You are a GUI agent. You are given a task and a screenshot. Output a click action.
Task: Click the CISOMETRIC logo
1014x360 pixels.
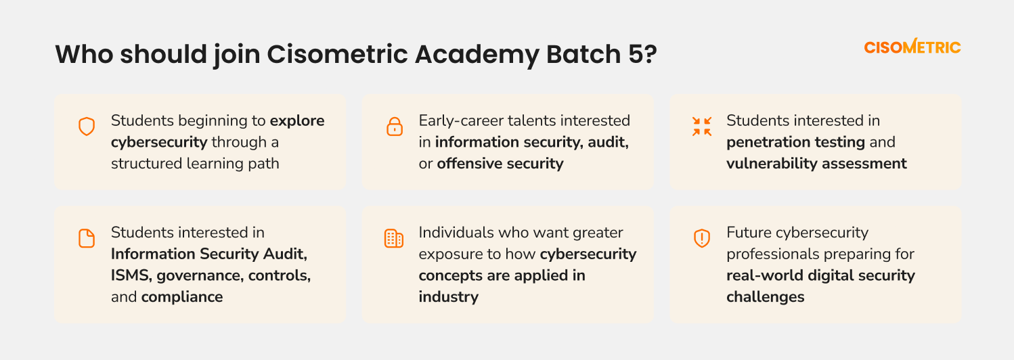click(912, 47)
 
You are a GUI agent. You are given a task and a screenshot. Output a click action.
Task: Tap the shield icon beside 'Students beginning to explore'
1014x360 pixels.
click(87, 127)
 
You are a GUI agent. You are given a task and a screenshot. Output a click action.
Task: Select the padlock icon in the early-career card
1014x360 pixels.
click(394, 127)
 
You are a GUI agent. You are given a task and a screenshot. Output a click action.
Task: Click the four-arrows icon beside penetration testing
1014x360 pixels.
click(702, 126)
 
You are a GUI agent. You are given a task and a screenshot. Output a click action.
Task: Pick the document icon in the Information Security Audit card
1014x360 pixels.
click(87, 238)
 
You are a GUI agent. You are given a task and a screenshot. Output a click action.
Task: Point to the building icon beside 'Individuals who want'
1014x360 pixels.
click(394, 238)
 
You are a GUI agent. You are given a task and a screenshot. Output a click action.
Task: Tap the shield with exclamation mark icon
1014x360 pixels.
click(702, 238)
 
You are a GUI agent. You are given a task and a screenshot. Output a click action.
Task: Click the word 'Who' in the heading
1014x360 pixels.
click(84, 54)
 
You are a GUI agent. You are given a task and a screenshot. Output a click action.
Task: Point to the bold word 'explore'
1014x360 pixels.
click(297, 121)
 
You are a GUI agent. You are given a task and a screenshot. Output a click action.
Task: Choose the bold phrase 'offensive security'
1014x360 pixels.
click(500, 163)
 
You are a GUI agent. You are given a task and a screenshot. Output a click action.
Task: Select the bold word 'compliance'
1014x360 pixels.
click(182, 297)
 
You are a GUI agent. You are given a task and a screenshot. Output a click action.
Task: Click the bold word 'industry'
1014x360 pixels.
click(449, 297)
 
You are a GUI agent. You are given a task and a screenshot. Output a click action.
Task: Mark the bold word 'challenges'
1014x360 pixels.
click(766, 297)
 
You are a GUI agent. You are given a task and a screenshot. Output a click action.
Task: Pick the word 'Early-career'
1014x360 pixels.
click(461, 121)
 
